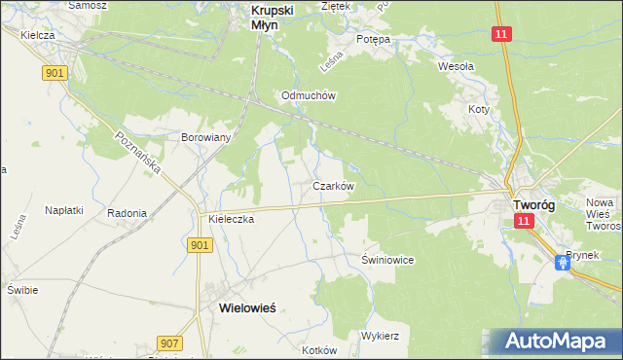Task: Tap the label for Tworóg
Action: (x=533, y=205)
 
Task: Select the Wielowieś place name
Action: (x=241, y=307)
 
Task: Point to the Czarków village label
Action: (x=332, y=185)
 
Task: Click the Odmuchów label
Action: (x=308, y=96)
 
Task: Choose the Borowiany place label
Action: (x=205, y=137)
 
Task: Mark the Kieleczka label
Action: (x=231, y=220)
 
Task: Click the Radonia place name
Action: (x=128, y=213)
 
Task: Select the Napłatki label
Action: (x=63, y=209)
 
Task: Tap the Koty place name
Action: (x=477, y=110)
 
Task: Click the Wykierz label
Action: (x=381, y=335)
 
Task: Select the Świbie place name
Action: (x=21, y=290)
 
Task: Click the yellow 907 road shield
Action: (x=168, y=342)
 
